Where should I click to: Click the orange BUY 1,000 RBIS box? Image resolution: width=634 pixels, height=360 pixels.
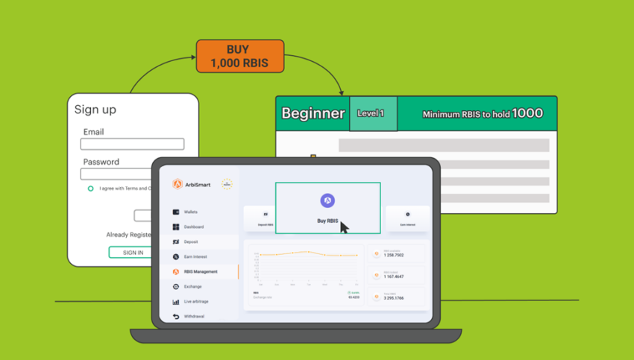pos(239,56)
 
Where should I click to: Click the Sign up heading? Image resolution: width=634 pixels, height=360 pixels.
pos(95,110)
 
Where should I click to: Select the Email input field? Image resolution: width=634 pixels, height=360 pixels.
pos(132,145)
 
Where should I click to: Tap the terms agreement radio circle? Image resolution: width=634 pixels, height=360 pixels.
pos(91,189)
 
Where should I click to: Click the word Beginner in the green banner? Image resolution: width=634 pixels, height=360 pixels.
pos(313,114)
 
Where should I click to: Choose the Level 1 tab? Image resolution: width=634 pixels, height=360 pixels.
pos(372,114)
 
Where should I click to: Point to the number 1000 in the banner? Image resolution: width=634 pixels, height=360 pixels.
pos(527,114)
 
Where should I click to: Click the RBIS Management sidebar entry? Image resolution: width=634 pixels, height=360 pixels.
pos(199,272)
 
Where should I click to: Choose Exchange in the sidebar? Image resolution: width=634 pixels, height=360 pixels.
pos(192,287)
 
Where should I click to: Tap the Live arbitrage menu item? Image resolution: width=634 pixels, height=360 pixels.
pos(197,302)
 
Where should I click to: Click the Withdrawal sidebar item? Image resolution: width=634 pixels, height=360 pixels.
pos(194,317)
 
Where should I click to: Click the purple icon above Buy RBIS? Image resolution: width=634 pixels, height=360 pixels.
pos(327,200)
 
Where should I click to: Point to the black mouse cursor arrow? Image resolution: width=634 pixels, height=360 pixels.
pos(344,227)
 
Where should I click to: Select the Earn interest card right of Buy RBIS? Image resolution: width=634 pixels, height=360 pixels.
pos(407,218)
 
